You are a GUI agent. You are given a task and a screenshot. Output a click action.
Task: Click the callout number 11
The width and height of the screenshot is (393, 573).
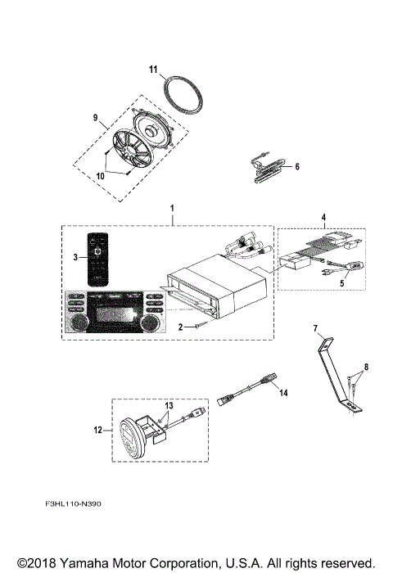pos(152,70)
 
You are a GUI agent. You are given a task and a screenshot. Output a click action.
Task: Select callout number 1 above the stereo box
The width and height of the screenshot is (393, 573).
pos(171,210)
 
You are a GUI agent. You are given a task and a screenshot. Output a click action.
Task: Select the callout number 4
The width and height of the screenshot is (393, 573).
pos(323,219)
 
